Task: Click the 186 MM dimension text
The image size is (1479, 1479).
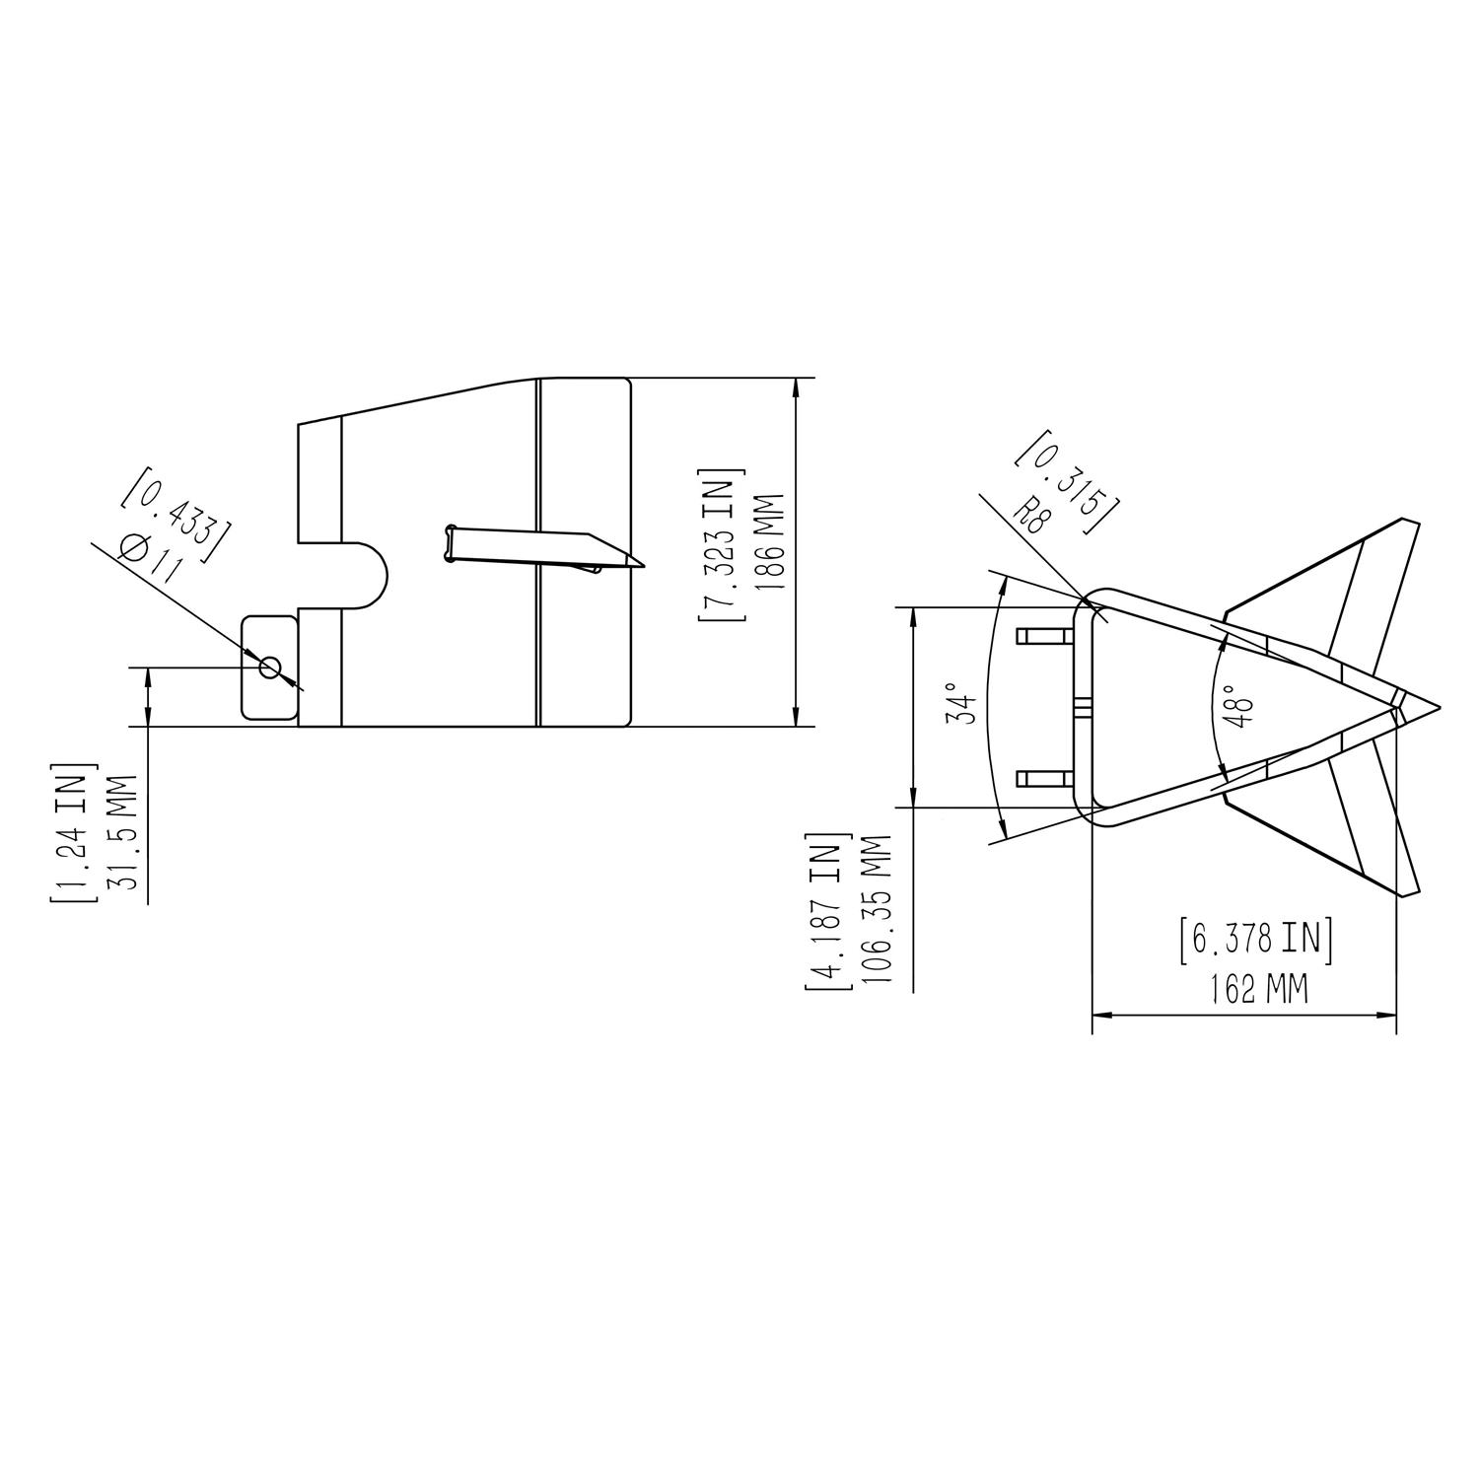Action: tap(769, 541)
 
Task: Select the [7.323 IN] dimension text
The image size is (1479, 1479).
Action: tap(722, 544)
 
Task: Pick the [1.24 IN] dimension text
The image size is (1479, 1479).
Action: tap(74, 831)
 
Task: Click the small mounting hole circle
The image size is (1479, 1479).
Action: tap(269, 669)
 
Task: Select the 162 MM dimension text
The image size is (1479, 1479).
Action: tap(1259, 988)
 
